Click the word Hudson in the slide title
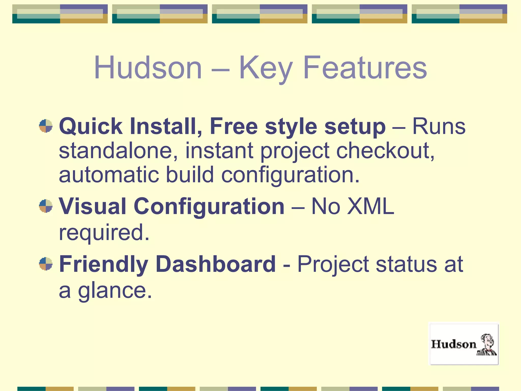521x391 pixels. coord(148,68)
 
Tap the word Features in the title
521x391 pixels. coord(365,68)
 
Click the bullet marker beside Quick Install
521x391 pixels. coord(46,126)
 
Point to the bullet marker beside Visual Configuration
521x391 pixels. coord(46,206)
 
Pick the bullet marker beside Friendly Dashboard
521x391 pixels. coord(46,264)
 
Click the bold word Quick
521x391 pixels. coord(91,127)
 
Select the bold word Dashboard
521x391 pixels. coord(215,264)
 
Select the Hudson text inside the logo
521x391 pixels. coord(454,344)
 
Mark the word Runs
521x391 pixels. coord(439,127)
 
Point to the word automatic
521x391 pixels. coord(109,175)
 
